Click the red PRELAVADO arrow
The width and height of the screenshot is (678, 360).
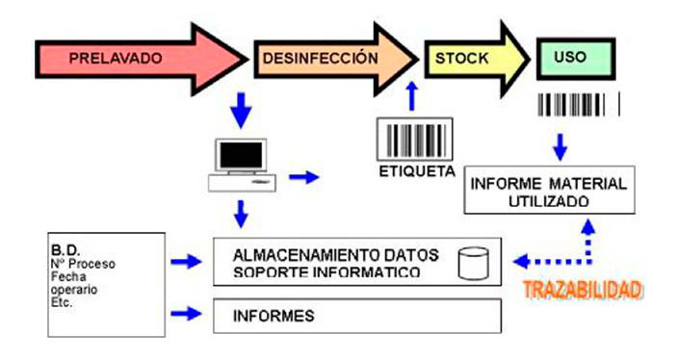(125, 58)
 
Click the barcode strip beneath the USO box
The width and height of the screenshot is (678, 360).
(578, 104)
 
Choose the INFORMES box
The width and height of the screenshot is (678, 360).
(356, 315)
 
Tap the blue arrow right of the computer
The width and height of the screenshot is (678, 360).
(303, 176)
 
